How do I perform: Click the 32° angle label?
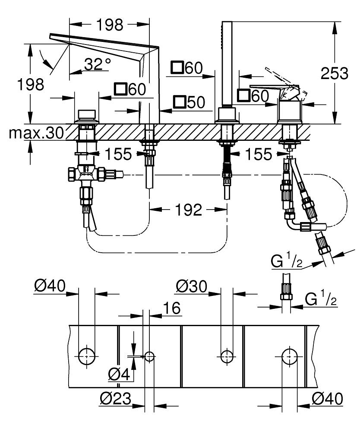click(x=97, y=65)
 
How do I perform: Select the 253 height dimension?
click(x=335, y=73)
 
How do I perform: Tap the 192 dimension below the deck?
click(x=189, y=210)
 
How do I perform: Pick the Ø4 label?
click(x=119, y=374)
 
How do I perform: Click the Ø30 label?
click(x=192, y=286)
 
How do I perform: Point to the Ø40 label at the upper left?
click(x=50, y=286)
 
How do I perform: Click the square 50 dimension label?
click(x=189, y=102)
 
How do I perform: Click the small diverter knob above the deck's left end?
click(x=86, y=115)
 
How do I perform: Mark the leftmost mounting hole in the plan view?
click(x=86, y=356)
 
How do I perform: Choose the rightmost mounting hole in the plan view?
click(x=289, y=356)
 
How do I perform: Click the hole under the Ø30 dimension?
click(x=227, y=356)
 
